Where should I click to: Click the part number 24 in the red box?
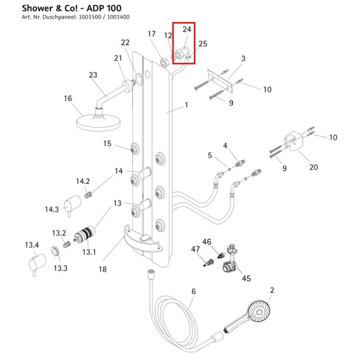click(x=187, y=29)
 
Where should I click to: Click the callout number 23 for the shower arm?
click(x=93, y=75)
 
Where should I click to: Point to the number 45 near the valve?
click(x=246, y=278)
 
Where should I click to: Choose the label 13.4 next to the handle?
click(x=32, y=245)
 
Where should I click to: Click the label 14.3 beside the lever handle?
click(x=52, y=209)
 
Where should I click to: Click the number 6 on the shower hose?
click(x=193, y=292)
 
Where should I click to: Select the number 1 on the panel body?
click(x=186, y=106)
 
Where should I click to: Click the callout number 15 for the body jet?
click(x=107, y=143)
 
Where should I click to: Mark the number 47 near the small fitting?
click(x=195, y=249)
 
